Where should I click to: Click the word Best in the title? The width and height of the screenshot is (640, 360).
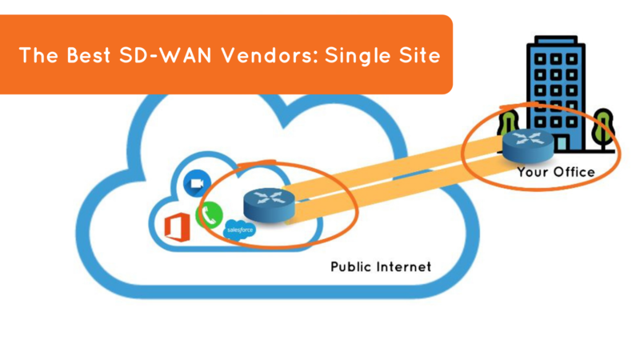coord(89,56)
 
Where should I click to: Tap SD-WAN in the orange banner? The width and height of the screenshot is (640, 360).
coord(168,56)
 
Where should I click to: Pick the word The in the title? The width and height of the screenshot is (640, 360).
coord(38,56)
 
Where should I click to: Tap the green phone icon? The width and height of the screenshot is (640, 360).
coord(210,214)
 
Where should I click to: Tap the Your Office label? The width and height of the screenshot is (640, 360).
coord(555,172)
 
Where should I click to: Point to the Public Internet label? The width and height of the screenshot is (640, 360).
coord(380,266)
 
